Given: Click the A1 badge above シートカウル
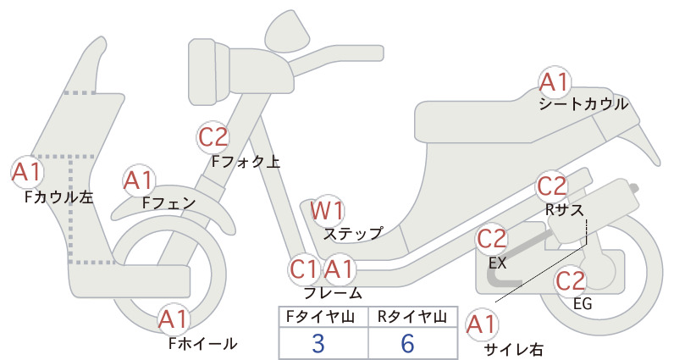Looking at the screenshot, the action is pos(555,82).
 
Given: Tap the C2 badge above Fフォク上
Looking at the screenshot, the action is pos(213,136).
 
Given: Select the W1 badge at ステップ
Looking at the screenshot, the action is pos(327,210).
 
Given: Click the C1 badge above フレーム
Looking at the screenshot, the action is pos(304,269).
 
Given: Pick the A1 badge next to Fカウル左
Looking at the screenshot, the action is pos(26,172).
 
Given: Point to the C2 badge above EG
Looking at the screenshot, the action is pos(571,280).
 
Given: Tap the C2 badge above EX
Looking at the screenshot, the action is pos(491,239).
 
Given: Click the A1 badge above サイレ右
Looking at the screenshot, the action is pos(481,324).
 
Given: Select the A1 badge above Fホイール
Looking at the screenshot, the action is pos(174,319).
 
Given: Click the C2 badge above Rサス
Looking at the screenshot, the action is pos(552,186).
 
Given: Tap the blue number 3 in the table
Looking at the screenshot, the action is pos(318,343).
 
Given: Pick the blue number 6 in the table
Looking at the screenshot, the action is pos(407,343).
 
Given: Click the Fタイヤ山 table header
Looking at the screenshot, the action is pos(320,317).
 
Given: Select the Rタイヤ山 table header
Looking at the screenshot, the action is pos(412,317).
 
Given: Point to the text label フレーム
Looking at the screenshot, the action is pos(333,293).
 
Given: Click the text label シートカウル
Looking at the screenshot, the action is pos(583,104).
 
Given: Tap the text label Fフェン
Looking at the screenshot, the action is pos(168,202).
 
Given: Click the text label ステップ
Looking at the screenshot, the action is pos(353,234).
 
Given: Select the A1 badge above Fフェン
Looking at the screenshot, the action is pos(139,181).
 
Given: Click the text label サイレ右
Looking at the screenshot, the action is pos(514,349).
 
